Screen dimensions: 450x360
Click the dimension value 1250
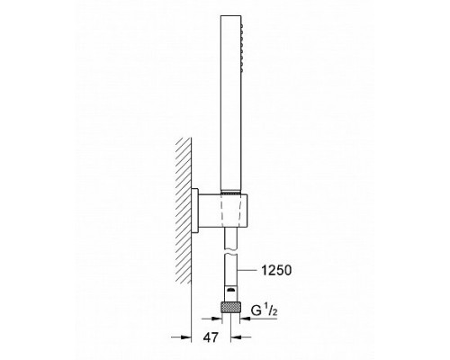click(x=276, y=271)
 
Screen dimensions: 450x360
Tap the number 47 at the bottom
click(x=211, y=337)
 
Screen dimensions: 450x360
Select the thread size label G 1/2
click(x=265, y=310)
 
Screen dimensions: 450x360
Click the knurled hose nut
click(x=230, y=308)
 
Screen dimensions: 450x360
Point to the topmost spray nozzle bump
click(x=241, y=26)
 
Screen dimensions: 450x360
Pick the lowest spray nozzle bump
click(x=241, y=71)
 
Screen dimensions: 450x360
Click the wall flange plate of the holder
click(x=195, y=211)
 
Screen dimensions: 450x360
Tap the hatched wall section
click(x=184, y=210)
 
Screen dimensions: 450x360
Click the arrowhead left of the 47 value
click(x=186, y=337)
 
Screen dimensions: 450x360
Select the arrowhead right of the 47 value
click(x=236, y=337)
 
